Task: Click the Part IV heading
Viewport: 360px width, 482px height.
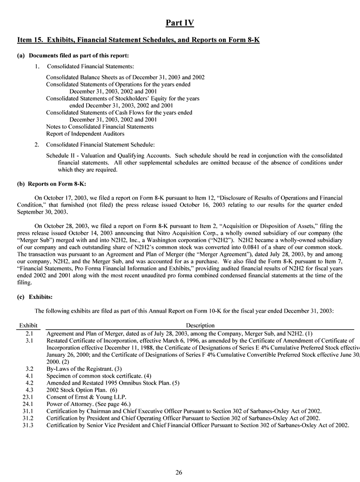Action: [x=179, y=23]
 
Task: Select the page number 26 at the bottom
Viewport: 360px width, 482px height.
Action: [x=179, y=472]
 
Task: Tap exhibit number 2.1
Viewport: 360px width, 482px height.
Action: [x=29, y=334]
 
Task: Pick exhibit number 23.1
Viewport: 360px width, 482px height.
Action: [x=28, y=396]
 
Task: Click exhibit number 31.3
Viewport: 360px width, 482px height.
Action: [x=29, y=425]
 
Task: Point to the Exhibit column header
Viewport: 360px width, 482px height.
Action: [x=28, y=325]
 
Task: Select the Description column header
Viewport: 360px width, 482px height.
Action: [x=200, y=325]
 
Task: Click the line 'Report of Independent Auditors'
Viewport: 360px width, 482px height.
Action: [x=85, y=133]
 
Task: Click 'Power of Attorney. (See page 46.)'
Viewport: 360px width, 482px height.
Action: [x=88, y=403]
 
